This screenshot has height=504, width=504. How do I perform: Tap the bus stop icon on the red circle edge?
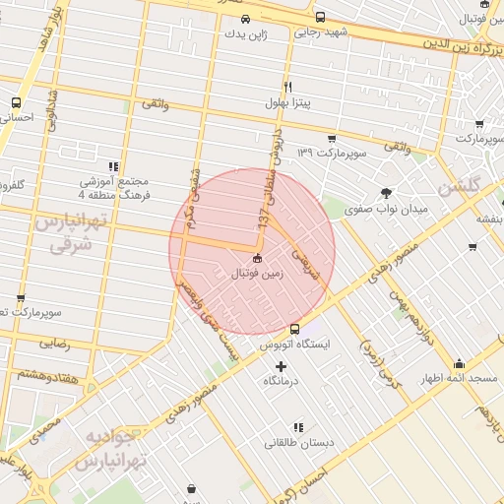[x=294, y=329]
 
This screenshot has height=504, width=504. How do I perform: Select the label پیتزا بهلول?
[x=288, y=101]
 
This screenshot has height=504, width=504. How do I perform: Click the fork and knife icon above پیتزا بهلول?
[x=288, y=86]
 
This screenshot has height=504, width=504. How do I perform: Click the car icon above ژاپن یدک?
[x=245, y=18]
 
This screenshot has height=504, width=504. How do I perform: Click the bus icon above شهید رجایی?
[x=321, y=17]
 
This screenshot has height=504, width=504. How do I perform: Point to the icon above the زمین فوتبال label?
[x=257, y=258]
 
